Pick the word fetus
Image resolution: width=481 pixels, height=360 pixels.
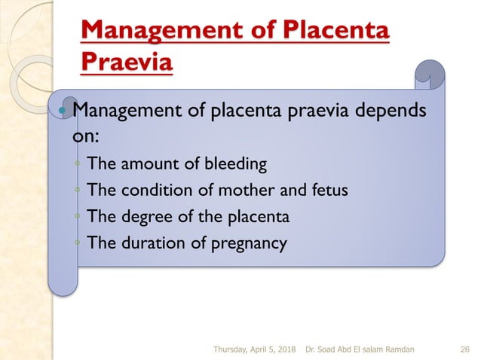click(x=329, y=189)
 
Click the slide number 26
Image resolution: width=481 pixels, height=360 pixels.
click(x=464, y=349)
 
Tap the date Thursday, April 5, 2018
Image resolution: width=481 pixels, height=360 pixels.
click(x=254, y=349)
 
